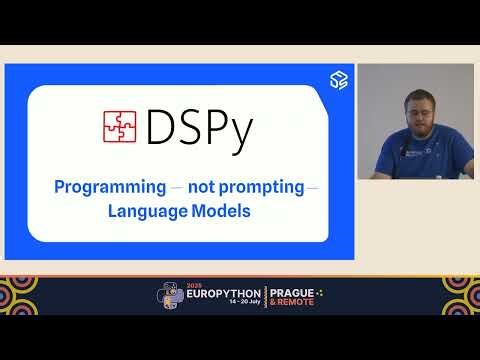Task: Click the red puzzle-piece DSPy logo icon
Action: point(120,126)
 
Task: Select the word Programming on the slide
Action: point(110,187)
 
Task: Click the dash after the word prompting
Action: point(313,187)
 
